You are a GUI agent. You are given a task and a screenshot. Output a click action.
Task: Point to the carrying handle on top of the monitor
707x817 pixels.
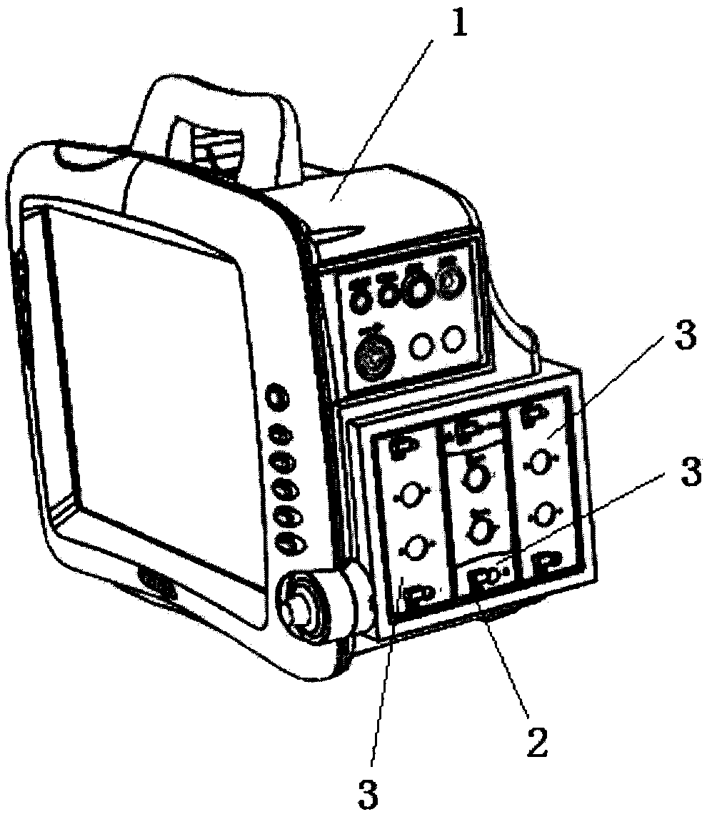[x=214, y=122]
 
